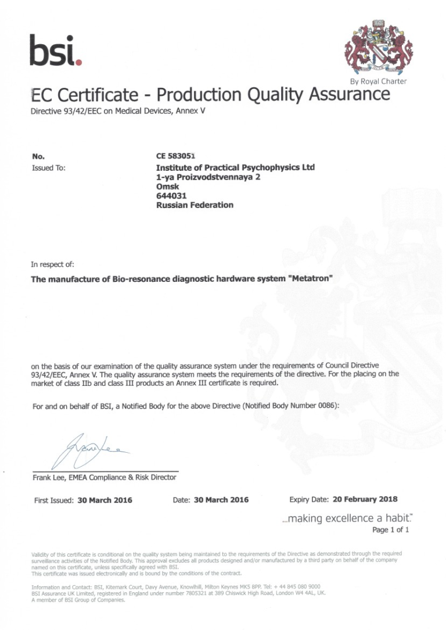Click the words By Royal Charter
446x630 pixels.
coord(378,81)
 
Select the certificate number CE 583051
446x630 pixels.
coord(176,156)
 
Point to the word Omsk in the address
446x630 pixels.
coord(168,187)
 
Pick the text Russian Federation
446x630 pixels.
coord(195,205)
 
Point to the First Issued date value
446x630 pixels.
coord(105,500)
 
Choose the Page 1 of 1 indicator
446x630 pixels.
coord(390,530)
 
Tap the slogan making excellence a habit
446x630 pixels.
coord(348,518)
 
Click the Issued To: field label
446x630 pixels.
coord(48,168)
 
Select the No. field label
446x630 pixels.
coord(39,156)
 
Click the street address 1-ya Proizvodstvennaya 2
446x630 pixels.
coord(208,177)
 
